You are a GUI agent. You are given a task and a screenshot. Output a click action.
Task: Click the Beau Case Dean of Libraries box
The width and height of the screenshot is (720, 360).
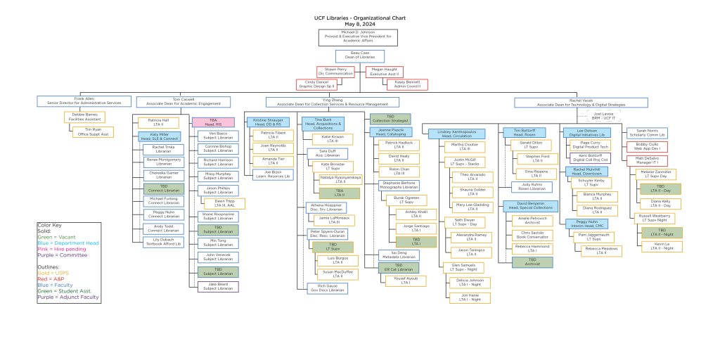click(x=359, y=56)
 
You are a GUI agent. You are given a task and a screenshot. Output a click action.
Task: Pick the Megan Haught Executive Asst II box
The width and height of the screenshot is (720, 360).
click(x=385, y=71)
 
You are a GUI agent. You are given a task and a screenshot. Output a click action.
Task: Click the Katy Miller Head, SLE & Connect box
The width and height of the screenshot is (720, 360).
click(x=159, y=136)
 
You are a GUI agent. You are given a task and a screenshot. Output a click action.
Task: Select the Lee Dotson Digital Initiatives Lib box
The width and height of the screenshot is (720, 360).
click(x=586, y=131)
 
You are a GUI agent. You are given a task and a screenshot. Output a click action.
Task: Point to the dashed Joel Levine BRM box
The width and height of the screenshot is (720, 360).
click(x=603, y=115)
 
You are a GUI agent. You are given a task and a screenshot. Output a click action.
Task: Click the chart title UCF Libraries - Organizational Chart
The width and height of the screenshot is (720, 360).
click(x=359, y=17)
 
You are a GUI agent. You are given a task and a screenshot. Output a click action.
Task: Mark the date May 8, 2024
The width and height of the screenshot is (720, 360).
click(x=359, y=24)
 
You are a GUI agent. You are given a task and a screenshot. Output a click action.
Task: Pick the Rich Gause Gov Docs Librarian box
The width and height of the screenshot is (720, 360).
click(x=327, y=288)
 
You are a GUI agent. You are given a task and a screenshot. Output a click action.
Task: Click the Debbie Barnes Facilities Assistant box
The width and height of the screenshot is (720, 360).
click(x=84, y=116)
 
